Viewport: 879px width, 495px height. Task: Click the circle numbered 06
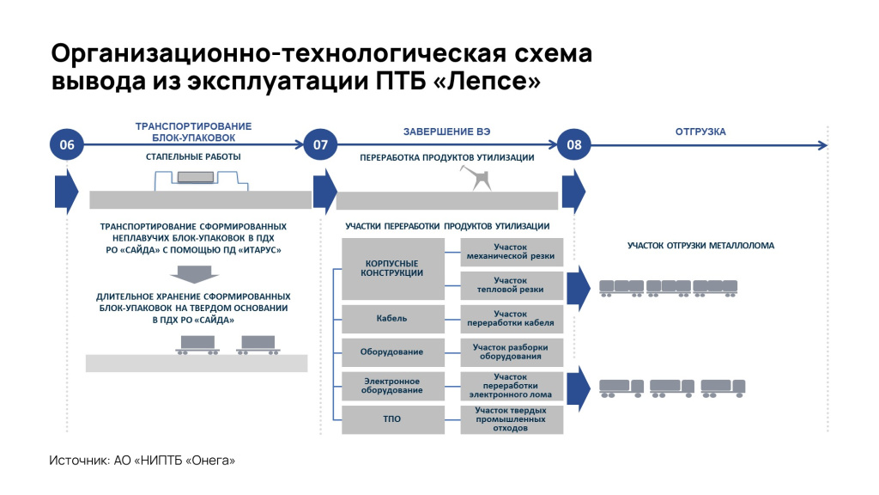pyautogui.click(x=67, y=145)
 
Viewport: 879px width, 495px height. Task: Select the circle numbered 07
pyautogui.click(x=320, y=145)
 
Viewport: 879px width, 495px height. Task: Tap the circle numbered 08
pyautogui.click(x=574, y=145)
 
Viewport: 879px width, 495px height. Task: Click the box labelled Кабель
pyautogui.click(x=391, y=319)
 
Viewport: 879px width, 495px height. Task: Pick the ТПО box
pyautogui.click(x=391, y=419)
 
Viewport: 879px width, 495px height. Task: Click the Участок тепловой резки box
pyautogui.click(x=512, y=284)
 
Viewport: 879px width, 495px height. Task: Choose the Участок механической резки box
pyautogui.click(x=512, y=251)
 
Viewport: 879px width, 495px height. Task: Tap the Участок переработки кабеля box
pyautogui.click(x=512, y=319)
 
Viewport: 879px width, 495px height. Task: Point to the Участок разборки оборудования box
pyautogui.click(x=512, y=352)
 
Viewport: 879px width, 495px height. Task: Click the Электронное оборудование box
pyautogui.click(x=391, y=386)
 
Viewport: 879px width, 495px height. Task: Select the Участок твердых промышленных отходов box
pyautogui.click(x=512, y=419)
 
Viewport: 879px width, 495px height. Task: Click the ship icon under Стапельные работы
pyautogui.click(x=197, y=179)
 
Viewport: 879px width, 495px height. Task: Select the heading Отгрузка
pyautogui.click(x=700, y=131)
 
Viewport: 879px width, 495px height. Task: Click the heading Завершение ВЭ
pyautogui.click(x=447, y=131)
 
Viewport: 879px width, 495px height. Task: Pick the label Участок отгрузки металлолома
pyautogui.click(x=700, y=246)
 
